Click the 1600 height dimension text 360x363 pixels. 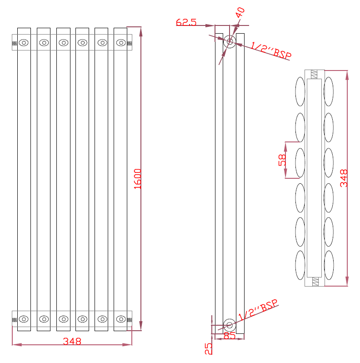(x=138, y=179)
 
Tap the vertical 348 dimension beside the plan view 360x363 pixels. (x=344, y=179)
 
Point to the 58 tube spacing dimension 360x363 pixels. (x=282, y=160)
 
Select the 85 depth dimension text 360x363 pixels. (x=230, y=336)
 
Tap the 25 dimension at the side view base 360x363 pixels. (x=209, y=348)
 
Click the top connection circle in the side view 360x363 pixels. (x=230, y=42)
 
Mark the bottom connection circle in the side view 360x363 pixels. (x=229, y=325)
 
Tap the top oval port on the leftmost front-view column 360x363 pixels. (x=24, y=43)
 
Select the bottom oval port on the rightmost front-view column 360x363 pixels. (x=121, y=318)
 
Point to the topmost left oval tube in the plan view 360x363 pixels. (x=300, y=91)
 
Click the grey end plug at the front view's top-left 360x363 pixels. (x=14, y=43)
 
